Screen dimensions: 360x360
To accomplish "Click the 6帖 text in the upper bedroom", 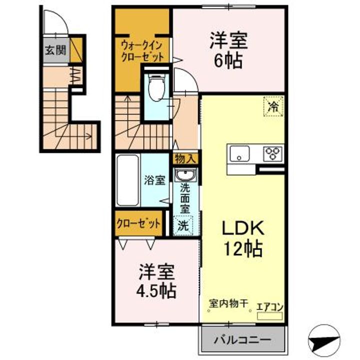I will coord(229,60).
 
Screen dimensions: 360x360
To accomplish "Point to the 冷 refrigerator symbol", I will coord(273,106).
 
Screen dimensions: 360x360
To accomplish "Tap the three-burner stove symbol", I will coord(273,153).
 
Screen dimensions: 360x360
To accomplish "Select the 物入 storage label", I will coord(186,159).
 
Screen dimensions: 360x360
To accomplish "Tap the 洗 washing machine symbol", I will coord(184,225).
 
